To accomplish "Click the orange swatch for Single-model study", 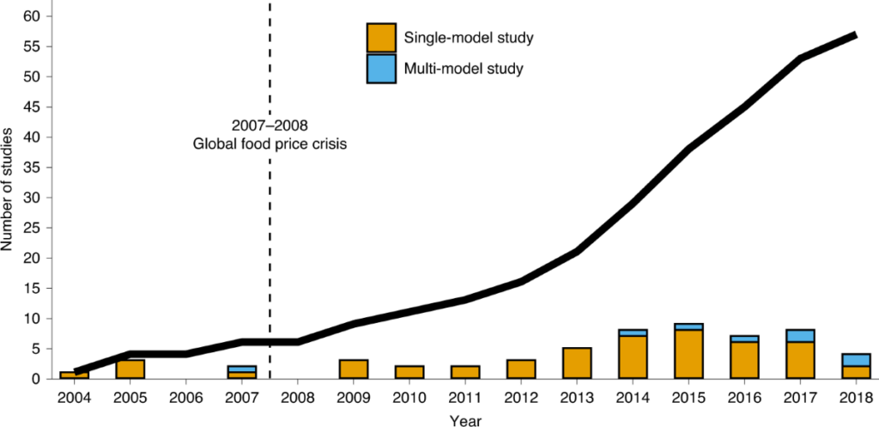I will (381, 38).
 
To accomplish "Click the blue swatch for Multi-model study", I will (381, 69).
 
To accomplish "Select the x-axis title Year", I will (465, 420).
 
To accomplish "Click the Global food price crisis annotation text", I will (270, 144).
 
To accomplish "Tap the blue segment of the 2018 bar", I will (855, 360).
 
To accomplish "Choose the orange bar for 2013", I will (577, 363).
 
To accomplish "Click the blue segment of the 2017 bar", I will (799, 335).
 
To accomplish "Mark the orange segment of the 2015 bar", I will (688, 354).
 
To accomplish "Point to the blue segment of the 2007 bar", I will (242, 369).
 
